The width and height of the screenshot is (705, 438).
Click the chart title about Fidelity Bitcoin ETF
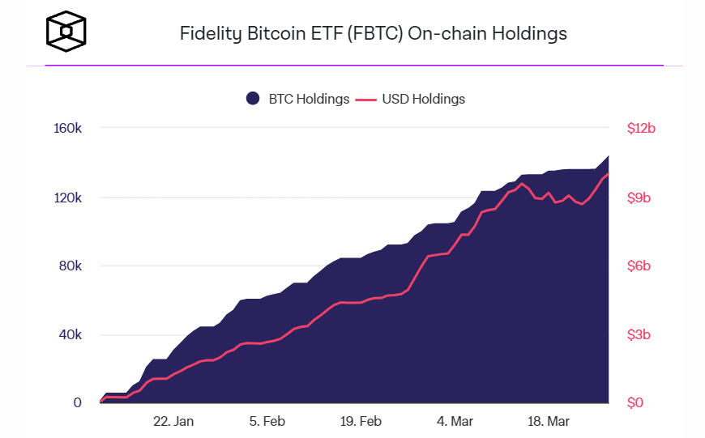click(x=373, y=33)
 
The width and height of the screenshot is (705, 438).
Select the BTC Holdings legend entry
click(x=297, y=99)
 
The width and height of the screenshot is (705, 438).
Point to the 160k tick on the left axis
click(x=67, y=129)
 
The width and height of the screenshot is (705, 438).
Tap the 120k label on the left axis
click(x=67, y=198)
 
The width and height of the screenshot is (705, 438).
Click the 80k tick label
click(x=70, y=266)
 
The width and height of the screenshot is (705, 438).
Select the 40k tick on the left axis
click(x=70, y=334)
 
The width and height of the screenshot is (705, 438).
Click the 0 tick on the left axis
click(x=78, y=402)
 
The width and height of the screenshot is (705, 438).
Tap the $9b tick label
click(x=639, y=198)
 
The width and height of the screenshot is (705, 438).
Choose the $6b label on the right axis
click(x=639, y=266)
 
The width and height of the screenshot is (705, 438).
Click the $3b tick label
click(x=639, y=334)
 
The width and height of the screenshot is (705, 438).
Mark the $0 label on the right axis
click(x=635, y=402)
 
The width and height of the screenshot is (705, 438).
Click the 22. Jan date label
click(x=174, y=421)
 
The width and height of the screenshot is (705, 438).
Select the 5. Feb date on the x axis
click(x=267, y=421)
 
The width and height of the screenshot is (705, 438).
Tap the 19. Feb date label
click(x=361, y=421)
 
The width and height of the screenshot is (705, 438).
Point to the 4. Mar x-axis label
click(x=455, y=421)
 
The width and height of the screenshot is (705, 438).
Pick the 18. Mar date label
click(x=548, y=421)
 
